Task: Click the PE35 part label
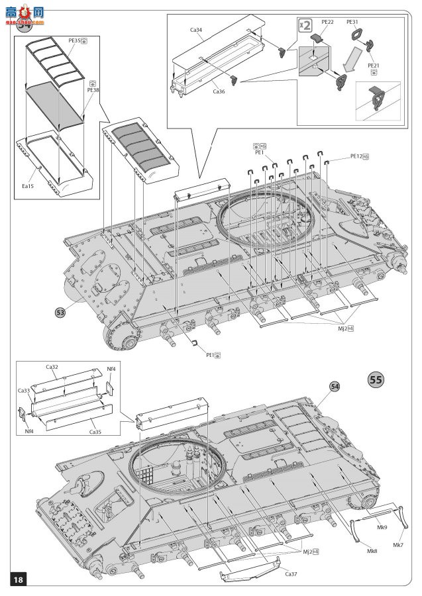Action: pyautogui.click(x=74, y=40)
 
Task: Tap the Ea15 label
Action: pyautogui.click(x=27, y=187)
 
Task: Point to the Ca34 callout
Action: pyautogui.click(x=197, y=29)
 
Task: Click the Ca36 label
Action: pyautogui.click(x=219, y=91)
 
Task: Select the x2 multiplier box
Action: pyautogui.click(x=305, y=25)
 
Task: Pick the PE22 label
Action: pyautogui.click(x=327, y=22)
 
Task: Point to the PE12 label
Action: pyautogui.click(x=358, y=156)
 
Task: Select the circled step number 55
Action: pyautogui.click(x=375, y=379)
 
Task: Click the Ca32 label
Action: pyautogui.click(x=52, y=366)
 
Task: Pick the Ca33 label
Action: pyautogui.click(x=24, y=391)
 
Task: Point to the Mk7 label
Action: pyautogui.click(x=398, y=544)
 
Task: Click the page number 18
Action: pyautogui.click(x=18, y=579)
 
